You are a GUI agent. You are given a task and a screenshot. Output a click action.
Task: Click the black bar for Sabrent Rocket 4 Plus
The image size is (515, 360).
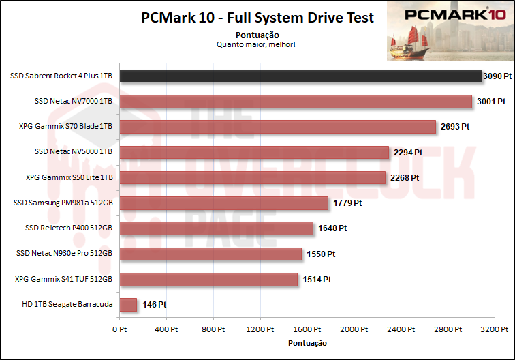(x=300, y=76)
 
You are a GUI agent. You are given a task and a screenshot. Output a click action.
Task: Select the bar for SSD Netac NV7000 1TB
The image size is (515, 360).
(x=296, y=102)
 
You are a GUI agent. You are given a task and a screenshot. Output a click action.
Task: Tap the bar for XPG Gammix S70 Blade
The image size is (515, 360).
(x=277, y=127)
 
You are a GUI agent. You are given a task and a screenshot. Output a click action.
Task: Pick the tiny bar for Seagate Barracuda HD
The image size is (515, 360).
(x=128, y=305)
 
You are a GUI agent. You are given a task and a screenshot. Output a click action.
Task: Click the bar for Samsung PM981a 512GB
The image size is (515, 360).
(x=224, y=203)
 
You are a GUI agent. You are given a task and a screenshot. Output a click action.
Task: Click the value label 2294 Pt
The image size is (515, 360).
(x=408, y=152)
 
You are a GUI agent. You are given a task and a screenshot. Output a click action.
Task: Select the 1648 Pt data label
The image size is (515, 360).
(x=332, y=228)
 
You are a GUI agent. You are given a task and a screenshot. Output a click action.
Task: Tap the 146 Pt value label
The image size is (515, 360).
(x=155, y=305)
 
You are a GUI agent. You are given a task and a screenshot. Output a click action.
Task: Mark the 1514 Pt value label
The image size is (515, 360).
(x=317, y=280)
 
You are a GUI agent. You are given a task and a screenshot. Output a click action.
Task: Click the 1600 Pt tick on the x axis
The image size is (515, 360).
(x=307, y=329)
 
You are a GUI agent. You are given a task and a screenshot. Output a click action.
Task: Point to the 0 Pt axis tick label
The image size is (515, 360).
(x=119, y=329)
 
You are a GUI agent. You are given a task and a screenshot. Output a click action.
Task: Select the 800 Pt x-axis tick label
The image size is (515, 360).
(x=213, y=329)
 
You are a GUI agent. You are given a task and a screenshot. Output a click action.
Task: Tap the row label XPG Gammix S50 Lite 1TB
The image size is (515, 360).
(x=69, y=177)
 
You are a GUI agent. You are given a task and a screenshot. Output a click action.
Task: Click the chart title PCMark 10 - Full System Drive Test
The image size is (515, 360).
(x=257, y=18)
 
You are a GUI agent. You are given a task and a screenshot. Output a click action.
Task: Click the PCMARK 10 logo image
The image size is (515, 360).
(x=449, y=30)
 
